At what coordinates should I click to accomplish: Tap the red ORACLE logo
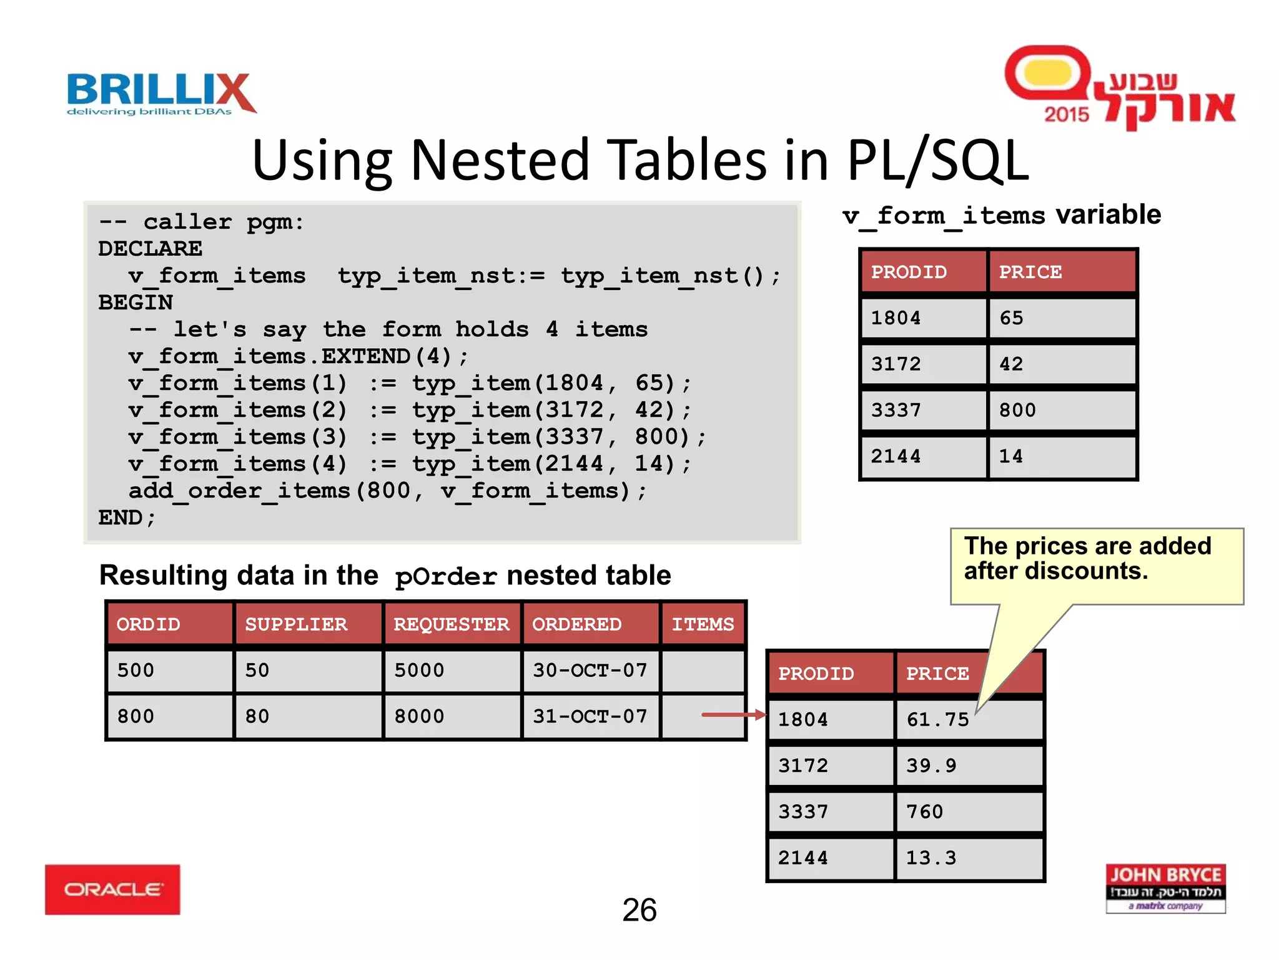coord(112,889)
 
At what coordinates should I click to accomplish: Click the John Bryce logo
coord(1165,888)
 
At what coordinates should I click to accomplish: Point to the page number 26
coord(639,909)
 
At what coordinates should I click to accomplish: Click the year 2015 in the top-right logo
coord(1066,114)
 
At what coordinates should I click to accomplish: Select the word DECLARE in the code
coord(150,249)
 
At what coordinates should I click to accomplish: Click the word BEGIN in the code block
coord(136,302)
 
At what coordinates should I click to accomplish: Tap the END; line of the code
coord(127,517)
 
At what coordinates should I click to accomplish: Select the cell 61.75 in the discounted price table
coord(937,719)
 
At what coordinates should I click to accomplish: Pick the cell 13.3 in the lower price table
coord(931,858)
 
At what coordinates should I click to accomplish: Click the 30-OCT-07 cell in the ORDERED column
coord(590,671)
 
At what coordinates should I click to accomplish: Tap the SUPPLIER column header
coord(296,624)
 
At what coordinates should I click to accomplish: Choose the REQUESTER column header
coord(451,624)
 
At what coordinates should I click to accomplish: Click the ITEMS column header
coord(703,624)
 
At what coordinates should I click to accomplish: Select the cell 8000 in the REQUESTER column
coord(419,716)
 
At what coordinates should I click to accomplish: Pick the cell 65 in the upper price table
coord(1011,318)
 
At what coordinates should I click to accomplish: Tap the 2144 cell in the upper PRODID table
coord(896,456)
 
